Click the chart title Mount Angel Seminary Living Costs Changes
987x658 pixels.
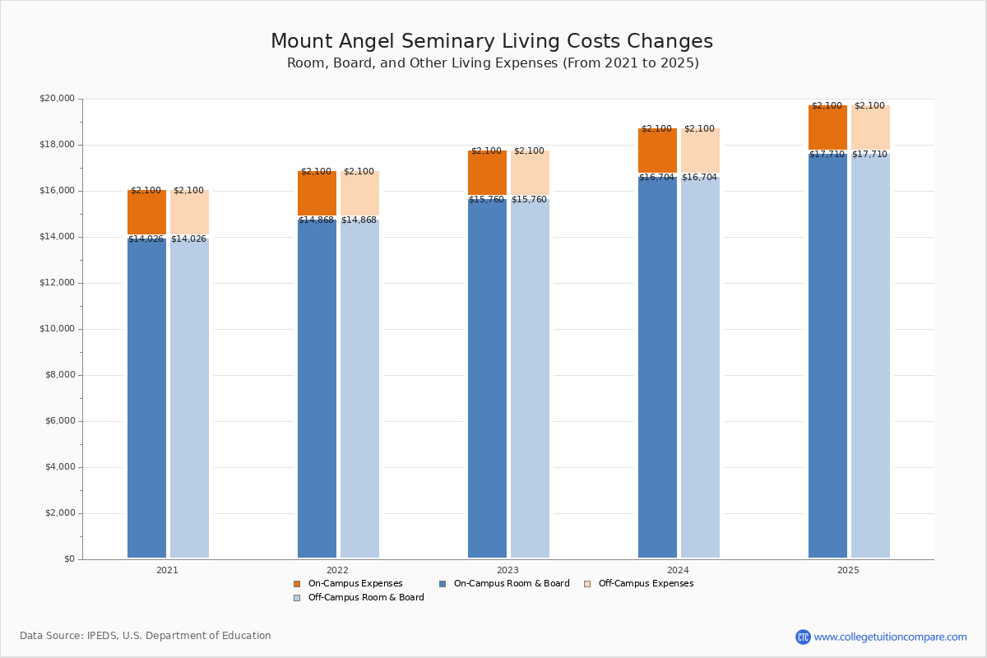point(492,42)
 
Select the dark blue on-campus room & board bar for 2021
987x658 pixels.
point(146,395)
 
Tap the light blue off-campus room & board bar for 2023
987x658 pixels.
point(530,378)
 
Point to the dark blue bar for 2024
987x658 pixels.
point(657,370)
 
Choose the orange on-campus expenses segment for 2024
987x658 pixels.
point(657,151)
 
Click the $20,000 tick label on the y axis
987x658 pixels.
point(57,99)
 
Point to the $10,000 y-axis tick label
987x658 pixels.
point(57,329)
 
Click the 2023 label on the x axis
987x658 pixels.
point(507,570)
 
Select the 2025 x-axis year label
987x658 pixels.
point(848,570)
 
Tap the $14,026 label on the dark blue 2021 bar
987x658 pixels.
point(146,239)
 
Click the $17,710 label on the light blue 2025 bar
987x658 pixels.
point(869,155)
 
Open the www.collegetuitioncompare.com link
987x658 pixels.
point(890,637)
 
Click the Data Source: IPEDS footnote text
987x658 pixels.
point(146,636)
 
